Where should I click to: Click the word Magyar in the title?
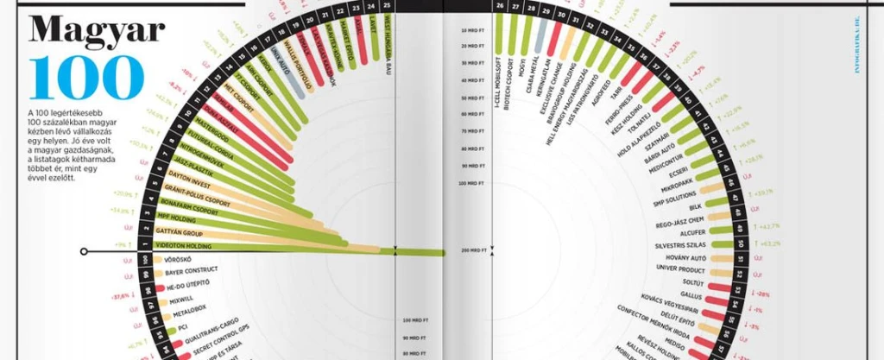coord(97,31)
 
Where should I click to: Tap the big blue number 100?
coord(85,78)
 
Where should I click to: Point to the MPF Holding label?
coord(177,219)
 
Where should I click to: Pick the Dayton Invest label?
coord(189,174)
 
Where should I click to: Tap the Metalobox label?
coord(187,307)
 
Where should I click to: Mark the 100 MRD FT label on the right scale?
coord(473,183)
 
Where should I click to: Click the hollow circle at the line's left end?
coord(84,252)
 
